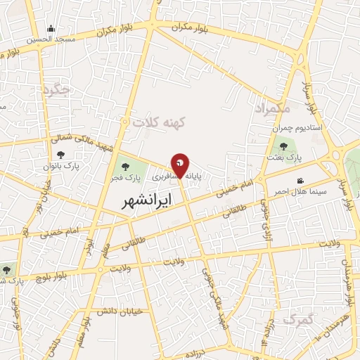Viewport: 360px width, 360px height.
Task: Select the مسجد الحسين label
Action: (x=51, y=39)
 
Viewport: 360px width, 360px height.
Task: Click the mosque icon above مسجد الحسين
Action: (x=51, y=29)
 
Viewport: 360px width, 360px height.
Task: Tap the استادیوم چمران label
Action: (x=296, y=129)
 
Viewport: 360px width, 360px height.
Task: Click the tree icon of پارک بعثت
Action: (x=283, y=146)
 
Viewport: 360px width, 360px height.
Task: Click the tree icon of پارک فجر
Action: (x=125, y=167)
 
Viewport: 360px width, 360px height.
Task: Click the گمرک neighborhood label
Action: (x=297, y=320)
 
